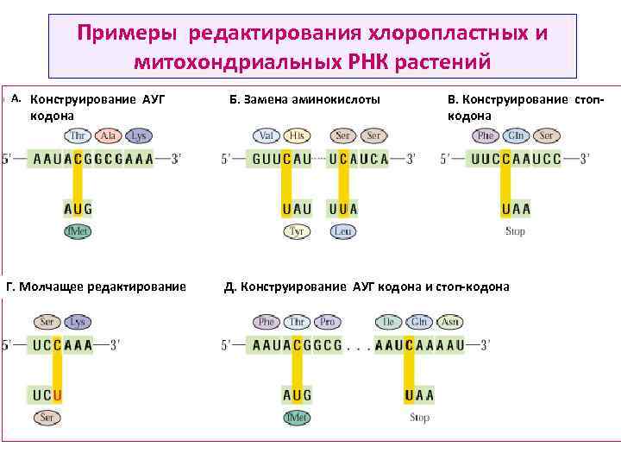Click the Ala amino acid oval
coord(109,135)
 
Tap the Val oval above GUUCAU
coord(267,135)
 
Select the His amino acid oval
coord(298,135)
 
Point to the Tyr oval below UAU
coord(297,231)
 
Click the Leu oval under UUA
coord(343,231)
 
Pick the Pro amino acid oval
coord(326,322)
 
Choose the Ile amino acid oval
coord(389,322)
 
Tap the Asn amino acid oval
coord(448,322)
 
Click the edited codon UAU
coord(297,209)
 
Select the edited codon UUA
coord(343,209)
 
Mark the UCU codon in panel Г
coord(47,395)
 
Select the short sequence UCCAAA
coord(62,344)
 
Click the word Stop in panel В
coord(515,231)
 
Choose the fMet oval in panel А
coord(78,231)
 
